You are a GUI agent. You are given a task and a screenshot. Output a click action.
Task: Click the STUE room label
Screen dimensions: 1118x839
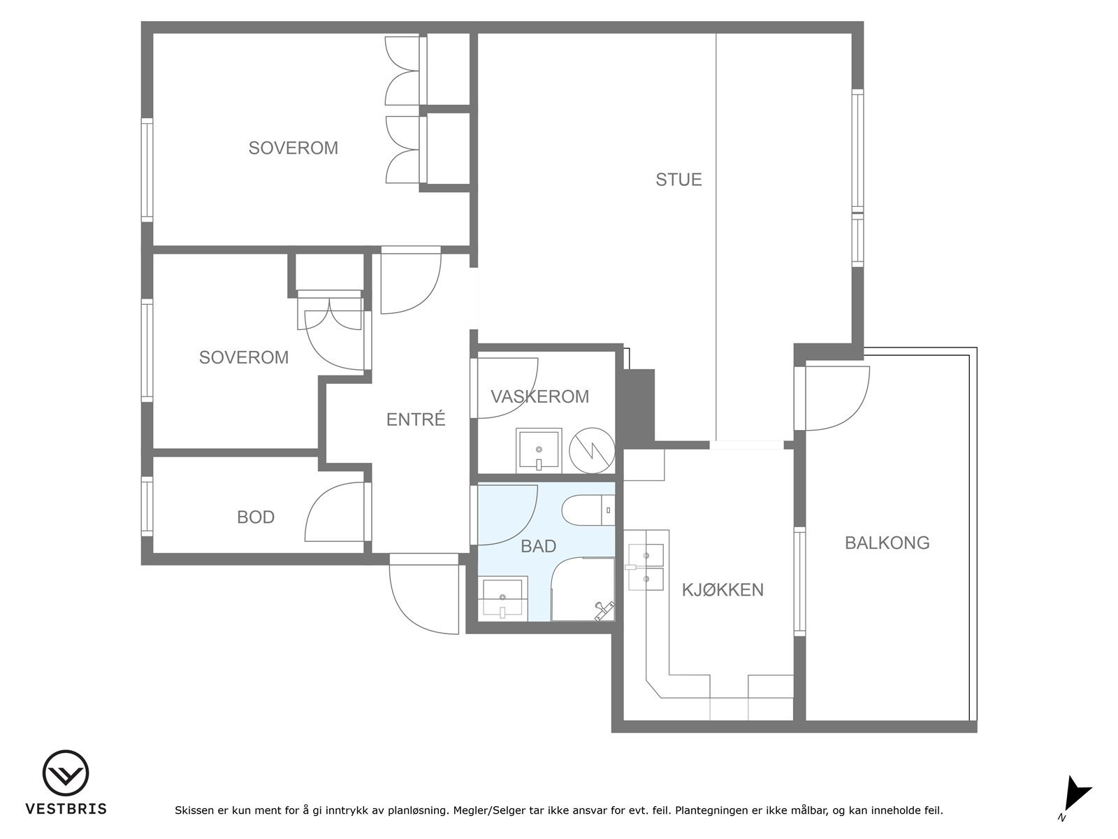click(678, 179)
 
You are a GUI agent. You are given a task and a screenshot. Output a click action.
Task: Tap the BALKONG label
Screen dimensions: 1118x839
click(887, 543)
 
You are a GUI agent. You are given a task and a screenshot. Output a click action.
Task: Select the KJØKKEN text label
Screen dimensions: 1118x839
click(723, 589)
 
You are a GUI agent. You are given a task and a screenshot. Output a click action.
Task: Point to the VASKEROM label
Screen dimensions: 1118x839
click(540, 396)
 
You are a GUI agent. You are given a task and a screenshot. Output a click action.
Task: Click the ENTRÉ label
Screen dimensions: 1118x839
click(416, 419)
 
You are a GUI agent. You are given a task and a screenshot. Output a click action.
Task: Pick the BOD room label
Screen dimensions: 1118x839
click(256, 517)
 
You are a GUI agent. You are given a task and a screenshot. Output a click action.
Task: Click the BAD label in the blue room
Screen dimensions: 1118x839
click(538, 546)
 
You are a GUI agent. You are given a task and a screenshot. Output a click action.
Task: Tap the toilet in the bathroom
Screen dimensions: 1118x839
click(588, 510)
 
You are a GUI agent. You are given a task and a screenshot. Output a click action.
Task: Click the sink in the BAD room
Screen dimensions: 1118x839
click(502, 599)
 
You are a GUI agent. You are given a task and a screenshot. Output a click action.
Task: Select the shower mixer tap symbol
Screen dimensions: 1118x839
click(604, 610)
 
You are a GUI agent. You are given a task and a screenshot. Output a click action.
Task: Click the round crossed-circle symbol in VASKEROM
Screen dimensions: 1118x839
click(592, 450)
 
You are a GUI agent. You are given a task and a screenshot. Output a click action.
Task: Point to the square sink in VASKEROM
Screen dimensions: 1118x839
click(539, 451)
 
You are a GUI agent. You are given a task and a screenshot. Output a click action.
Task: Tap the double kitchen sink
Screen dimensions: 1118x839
click(645, 567)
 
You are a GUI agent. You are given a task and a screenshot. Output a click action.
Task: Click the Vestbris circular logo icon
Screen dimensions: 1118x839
click(66, 773)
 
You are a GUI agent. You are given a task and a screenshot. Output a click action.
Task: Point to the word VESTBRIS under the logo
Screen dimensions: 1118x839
click(66, 808)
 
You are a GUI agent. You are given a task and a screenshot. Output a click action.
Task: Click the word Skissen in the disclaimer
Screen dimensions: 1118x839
click(194, 810)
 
